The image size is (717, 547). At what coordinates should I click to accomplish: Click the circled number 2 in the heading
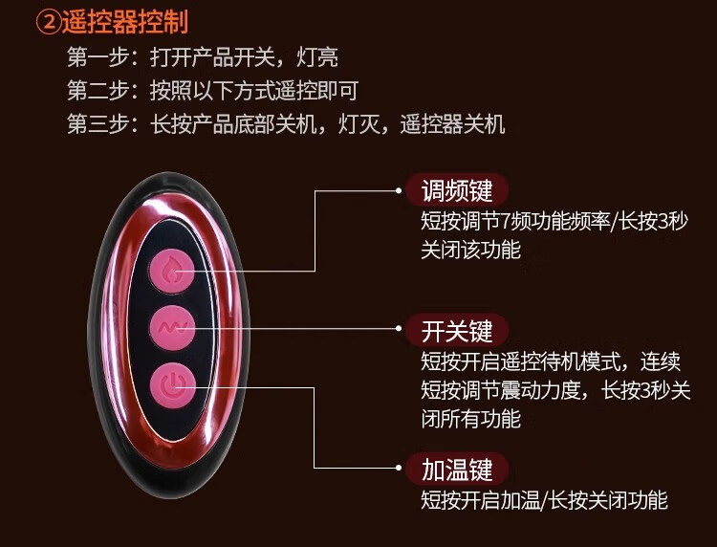[x=47, y=21]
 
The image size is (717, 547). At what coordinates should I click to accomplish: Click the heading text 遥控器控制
[x=123, y=21]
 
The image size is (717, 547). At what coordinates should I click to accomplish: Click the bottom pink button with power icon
[x=172, y=387]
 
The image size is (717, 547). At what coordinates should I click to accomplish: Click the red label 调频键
[x=457, y=189]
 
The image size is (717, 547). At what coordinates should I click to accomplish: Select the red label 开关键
[x=457, y=331]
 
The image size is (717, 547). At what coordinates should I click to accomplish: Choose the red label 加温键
[x=457, y=469]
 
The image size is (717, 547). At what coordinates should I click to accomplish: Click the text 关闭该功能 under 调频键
[x=470, y=250]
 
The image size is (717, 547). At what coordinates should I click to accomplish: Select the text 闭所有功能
[x=470, y=418]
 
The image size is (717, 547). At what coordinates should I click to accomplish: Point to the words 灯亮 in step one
[x=317, y=57]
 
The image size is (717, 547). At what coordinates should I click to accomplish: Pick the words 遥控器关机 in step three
[x=452, y=124]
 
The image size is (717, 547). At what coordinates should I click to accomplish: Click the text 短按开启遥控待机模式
[x=516, y=361]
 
